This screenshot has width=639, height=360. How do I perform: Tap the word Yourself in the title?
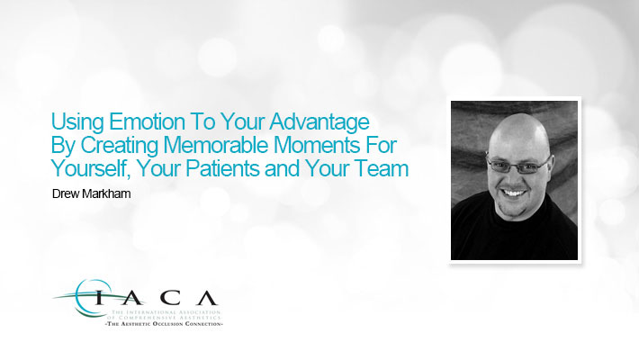click(x=90, y=169)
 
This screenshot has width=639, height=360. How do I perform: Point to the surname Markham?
click(x=106, y=193)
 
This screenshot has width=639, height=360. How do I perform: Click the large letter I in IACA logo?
click(x=99, y=299)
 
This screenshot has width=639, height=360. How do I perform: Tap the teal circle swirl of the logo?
click(x=79, y=298)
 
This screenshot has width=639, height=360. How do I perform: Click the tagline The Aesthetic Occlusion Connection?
click(x=164, y=324)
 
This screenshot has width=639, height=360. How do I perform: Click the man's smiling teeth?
click(x=514, y=193)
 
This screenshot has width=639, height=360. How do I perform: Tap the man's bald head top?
click(x=518, y=126)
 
